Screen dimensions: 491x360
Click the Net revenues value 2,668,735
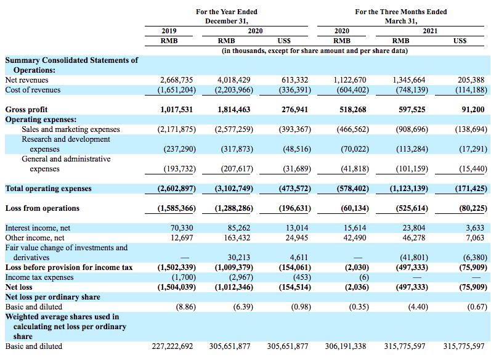(x=177, y=80)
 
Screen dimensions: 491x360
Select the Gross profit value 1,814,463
(x=234, y=110)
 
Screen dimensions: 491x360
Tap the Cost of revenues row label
(x=33, y=90)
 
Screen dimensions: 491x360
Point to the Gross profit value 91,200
(x=473, y=110)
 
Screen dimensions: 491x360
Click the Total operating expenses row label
(x=48, y=189)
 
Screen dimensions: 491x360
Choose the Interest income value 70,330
(x=182, y=228)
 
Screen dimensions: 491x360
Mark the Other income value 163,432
(x=237, y=238)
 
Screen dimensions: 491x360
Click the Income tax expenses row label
(x=39, y=277)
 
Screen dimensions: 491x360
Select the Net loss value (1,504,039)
(x=177, y=287)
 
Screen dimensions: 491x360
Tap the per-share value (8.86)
(x=186, y=307)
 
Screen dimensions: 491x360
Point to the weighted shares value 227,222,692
(x=172, y=346)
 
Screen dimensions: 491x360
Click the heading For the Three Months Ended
(x=401, y=12)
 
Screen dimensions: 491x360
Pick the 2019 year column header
(x=169, y=31)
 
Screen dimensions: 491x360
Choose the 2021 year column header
(x=430, y=31)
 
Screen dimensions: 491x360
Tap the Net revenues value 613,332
(x=294, y=80)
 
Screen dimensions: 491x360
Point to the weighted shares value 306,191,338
(x=346, y=346)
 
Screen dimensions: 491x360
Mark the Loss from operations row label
(x=43, y=208)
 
